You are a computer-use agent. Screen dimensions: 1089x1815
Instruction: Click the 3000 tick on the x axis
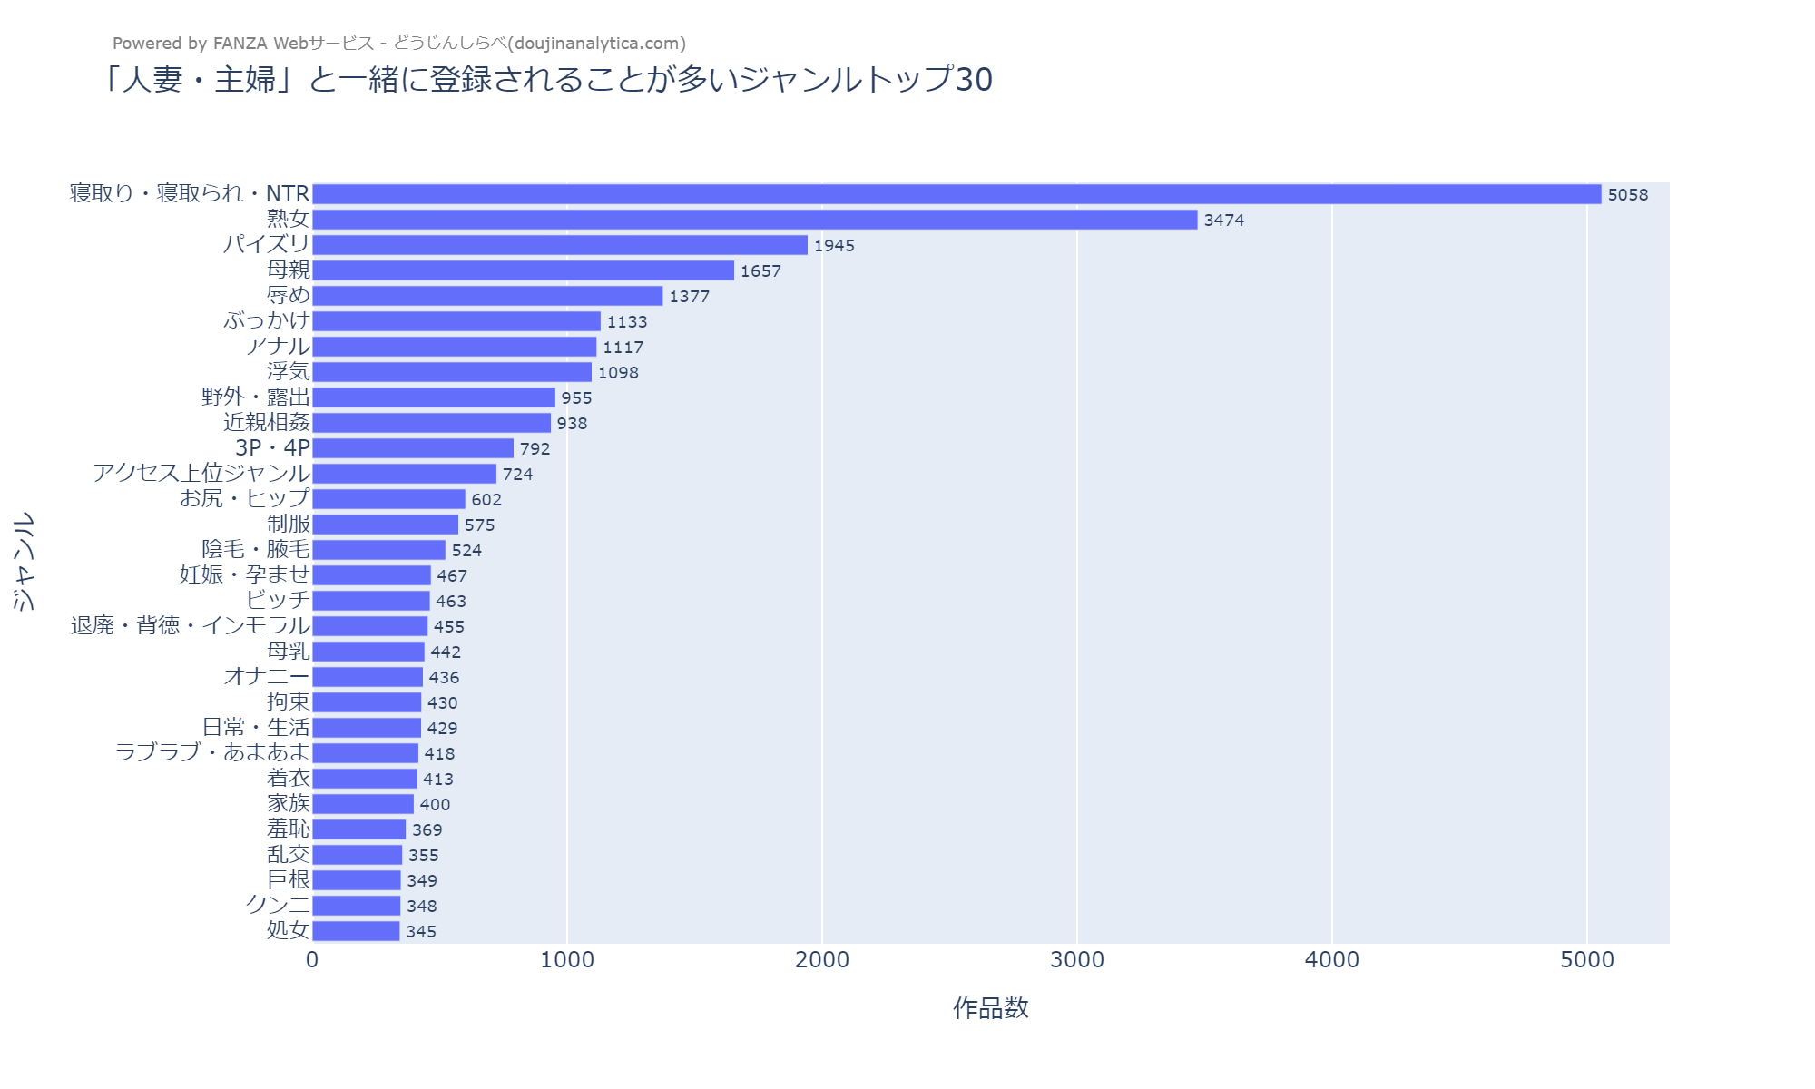pos(1077,960)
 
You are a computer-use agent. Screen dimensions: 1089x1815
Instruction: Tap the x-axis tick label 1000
pos(567,960)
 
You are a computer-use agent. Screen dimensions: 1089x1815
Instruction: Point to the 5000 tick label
pos(1587,960)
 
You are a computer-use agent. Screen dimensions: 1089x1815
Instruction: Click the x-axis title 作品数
pos(990,1008)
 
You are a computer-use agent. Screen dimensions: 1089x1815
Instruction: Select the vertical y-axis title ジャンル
pos(25,561)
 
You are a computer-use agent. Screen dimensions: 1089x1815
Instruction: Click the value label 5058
pos(1627,195)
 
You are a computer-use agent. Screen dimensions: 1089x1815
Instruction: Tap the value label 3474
pos(1223,221)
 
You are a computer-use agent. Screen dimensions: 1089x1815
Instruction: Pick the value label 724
pos(517,475)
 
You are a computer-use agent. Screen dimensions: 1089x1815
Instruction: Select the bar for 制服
pos(386,525)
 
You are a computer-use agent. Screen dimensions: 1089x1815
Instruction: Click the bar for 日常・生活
pos(367,728)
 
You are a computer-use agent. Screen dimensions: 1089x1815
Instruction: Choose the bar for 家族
pos(363,804)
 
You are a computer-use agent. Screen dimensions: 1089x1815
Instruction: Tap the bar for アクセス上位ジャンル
pos(405,474)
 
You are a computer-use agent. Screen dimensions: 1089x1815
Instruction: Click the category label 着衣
pos(289,779)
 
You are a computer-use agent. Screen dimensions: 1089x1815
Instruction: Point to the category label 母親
pos(289,270)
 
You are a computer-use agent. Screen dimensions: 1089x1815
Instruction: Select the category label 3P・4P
pos(272,448)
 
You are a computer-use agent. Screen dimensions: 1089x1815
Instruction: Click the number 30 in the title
pos(974,80)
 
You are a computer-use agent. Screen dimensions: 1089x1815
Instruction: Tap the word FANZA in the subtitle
pos(240,44)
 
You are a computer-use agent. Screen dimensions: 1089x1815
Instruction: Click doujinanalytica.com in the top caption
pos(596,44)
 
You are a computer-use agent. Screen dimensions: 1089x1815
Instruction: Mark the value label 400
pos(435,805)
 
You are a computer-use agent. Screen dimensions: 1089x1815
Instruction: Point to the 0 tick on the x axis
pos(312,960)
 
